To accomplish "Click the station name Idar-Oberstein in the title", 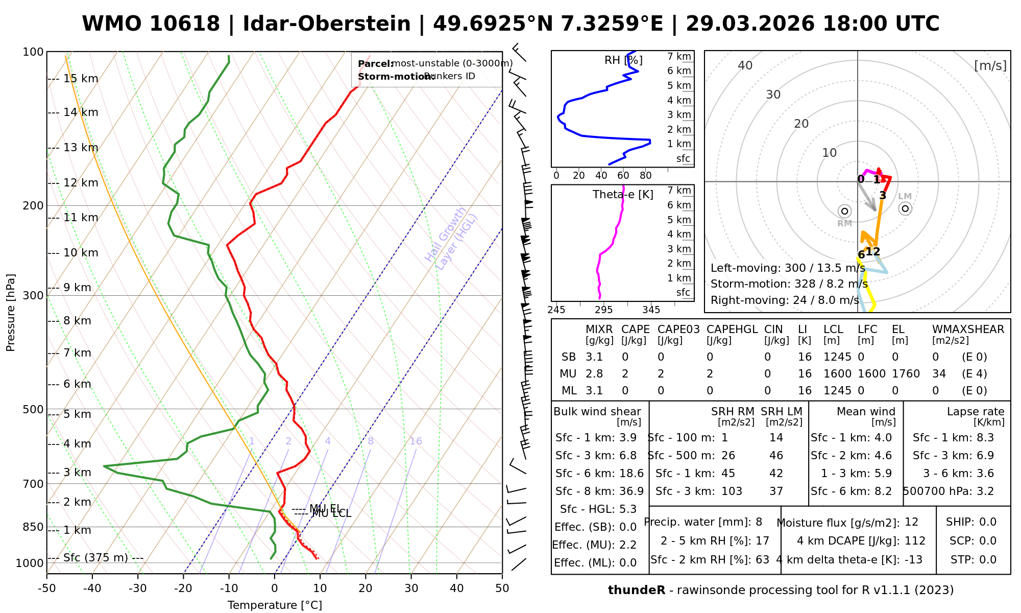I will pos(327,24).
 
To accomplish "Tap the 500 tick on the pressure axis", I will pos(34,410).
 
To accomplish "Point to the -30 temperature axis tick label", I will pos(138,588).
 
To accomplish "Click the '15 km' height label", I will pos(81,79).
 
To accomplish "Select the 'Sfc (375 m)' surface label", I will pos(95,558).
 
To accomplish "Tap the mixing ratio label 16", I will pos(416,441).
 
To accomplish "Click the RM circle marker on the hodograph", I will pos(844,211).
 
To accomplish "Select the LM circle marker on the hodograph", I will pos(905,208).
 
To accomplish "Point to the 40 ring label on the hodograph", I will pos(745,65).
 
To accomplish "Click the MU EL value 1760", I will pos(906,374).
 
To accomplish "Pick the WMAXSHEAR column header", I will pos(968,329).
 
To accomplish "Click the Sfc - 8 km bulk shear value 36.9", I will pos(631,491).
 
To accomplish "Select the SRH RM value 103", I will pos(732,491).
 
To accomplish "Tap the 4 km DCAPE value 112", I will pos(915,541).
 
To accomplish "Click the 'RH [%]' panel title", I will pos(623,60).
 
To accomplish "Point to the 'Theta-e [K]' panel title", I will pos(623,195).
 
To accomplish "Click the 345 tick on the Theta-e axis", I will pos(651,310).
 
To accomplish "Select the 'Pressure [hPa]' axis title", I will pos(11,313).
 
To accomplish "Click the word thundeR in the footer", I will pos(636,591).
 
